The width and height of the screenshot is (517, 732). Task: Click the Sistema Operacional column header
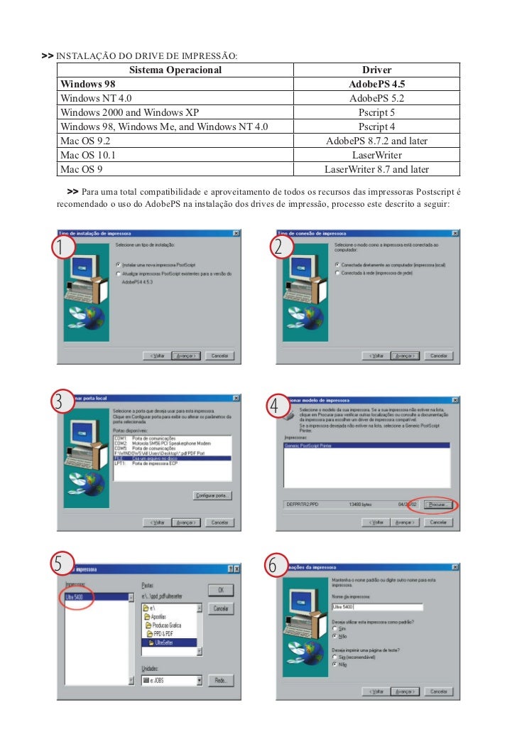click(x=175, y=70)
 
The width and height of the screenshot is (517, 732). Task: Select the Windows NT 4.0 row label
click(x=96, y=98)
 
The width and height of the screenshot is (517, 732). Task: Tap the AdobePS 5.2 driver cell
click(x=376, y=98)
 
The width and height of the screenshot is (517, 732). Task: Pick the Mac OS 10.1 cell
click(x=88, y=155)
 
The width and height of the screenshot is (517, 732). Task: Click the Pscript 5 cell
click(x=376, y=112)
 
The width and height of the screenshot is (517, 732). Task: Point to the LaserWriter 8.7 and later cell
click(x=376, y=169)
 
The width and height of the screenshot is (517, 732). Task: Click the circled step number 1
click(x=65, y=249)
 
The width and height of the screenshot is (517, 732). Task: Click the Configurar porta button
click(x=216, y=495)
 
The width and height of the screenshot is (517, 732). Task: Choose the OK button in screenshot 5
click(x=221, y=590)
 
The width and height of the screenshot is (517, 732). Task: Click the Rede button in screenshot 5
click(x=221, y=680)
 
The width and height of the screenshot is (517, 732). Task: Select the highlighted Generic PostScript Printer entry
click(x=308, y=445)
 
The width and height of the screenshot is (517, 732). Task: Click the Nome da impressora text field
click(x=376, y=607)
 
